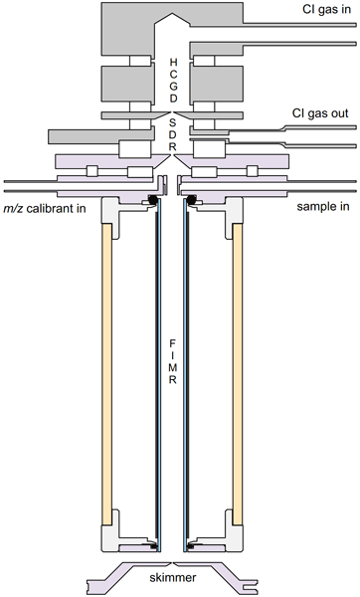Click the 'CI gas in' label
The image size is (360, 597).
coord(326,9)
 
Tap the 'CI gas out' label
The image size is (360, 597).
coord(320,113)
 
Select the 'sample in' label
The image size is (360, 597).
coord(322,207)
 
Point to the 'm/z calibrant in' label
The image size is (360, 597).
coord(45,209)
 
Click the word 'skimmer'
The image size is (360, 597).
coord(173,577)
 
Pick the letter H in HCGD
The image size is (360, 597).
coord(173,62)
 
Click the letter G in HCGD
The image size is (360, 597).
coord(173,86)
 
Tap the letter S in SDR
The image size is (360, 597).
coord(173,122)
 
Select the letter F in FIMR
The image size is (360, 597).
coord(172,344)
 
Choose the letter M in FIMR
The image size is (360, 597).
coord(172,368)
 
